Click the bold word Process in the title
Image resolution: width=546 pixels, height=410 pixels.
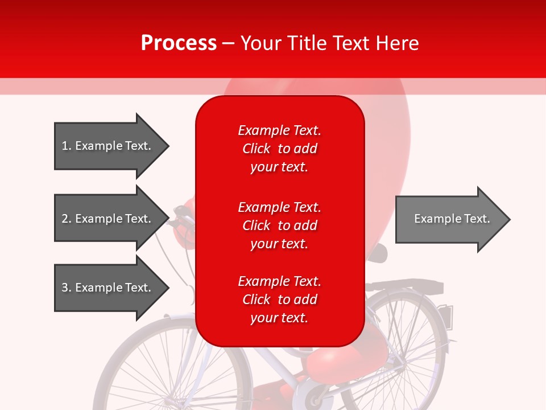179,43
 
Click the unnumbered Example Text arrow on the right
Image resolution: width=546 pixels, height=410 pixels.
449,219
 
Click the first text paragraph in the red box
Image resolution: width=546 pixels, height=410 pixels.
279,149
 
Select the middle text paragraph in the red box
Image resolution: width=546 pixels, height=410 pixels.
279,225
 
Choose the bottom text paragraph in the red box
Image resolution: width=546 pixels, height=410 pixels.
279,300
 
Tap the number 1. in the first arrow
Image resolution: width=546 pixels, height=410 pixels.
66,146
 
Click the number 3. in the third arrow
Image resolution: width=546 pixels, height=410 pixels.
66,288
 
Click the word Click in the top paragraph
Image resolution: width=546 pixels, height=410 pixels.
256,149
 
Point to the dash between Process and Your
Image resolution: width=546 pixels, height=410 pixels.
229,44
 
